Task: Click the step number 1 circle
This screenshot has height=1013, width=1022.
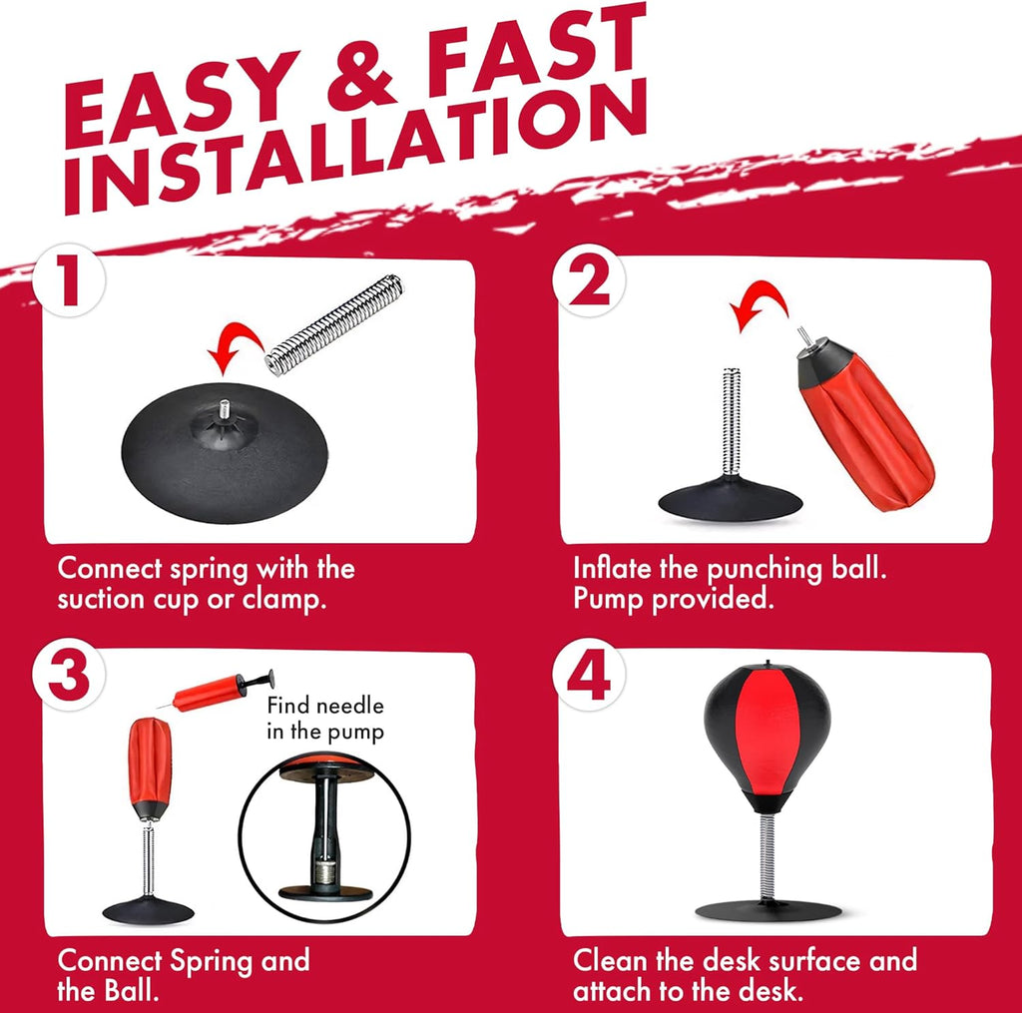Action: coord(69,281)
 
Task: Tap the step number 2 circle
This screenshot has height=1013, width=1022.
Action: coord(589,281)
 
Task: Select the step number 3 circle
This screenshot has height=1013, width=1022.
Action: coord(69,676)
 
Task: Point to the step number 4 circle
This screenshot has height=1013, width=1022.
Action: coord(589,676)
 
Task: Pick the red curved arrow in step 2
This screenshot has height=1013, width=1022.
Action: coord(760,296)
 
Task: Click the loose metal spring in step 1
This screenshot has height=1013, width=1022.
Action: coord(334,324)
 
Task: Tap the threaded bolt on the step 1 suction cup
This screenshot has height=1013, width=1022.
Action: coord(225,410)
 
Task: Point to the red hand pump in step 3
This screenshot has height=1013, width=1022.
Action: coord(217,691)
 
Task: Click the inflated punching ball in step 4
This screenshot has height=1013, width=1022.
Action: coord(767,737)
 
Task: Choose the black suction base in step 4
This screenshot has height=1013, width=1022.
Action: coord(767,910)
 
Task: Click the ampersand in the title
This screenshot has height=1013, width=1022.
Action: coord(361,82)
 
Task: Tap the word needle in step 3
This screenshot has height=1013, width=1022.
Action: coord(349,706)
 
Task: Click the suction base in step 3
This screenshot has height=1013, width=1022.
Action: coord(149,910)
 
